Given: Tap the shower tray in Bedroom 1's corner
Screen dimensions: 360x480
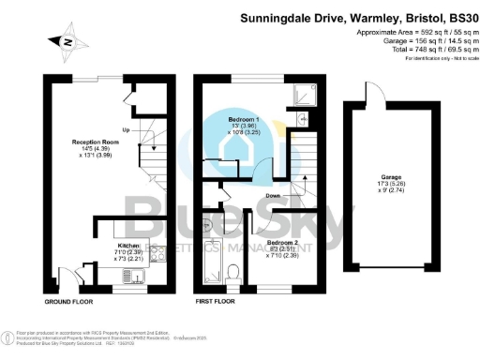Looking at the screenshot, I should [x=302, y=95].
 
